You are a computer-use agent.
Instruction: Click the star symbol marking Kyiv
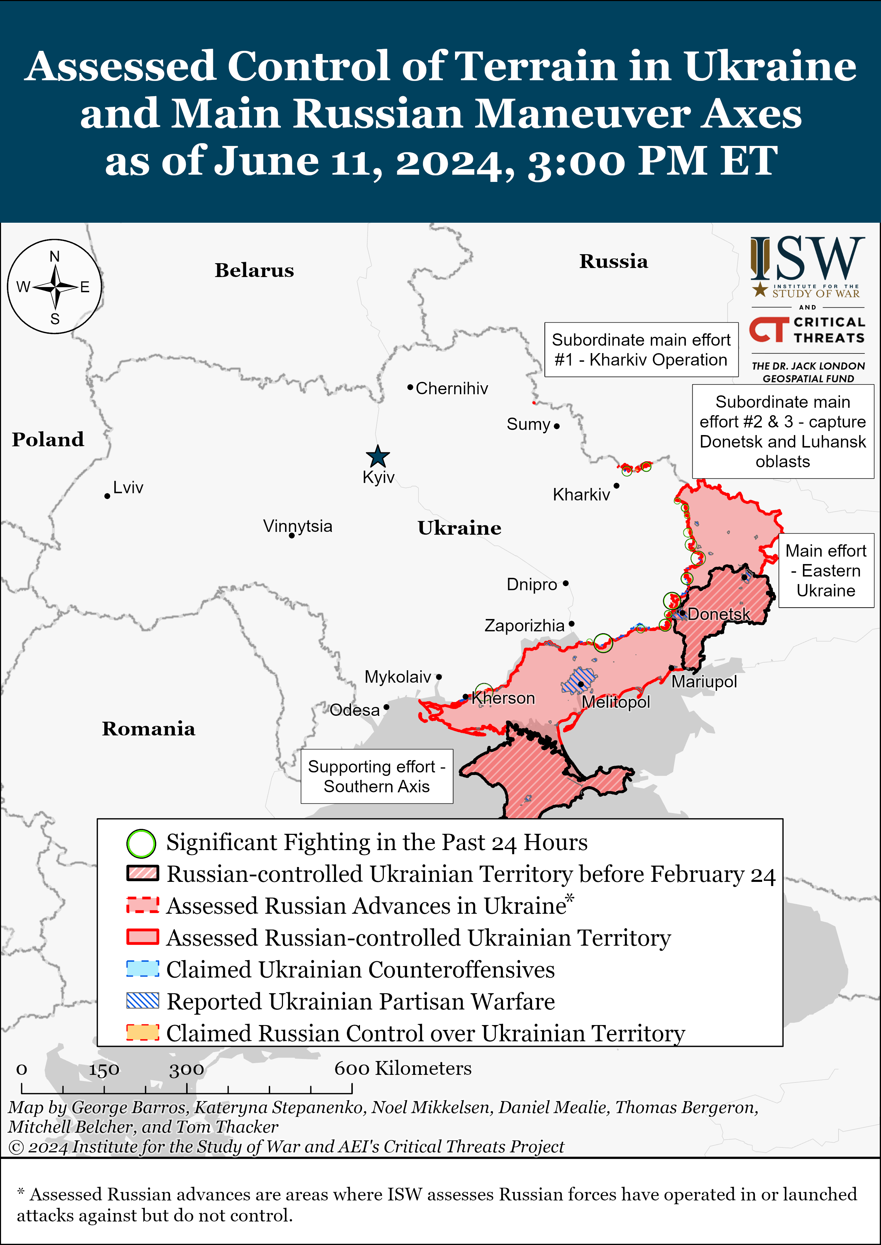point(378,456)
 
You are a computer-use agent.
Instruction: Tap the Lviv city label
point(128,488)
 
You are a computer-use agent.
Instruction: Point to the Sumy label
point(528,424)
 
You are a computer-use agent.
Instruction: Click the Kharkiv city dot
point(616,486)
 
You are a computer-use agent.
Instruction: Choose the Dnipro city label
point(532,585)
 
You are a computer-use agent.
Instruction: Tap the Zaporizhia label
point(524,626)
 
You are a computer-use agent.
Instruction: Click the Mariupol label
point(704,682)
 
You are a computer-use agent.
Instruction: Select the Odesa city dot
point(386,707)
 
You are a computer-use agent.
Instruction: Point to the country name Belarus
point(254,270)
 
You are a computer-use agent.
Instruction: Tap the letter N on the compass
point(55,257)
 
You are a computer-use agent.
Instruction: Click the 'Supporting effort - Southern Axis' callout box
point(377,776)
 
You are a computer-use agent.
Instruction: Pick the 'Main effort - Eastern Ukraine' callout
point(826,571)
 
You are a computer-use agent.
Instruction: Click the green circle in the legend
point(141,843)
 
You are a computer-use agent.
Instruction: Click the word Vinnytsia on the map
point(297,526)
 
